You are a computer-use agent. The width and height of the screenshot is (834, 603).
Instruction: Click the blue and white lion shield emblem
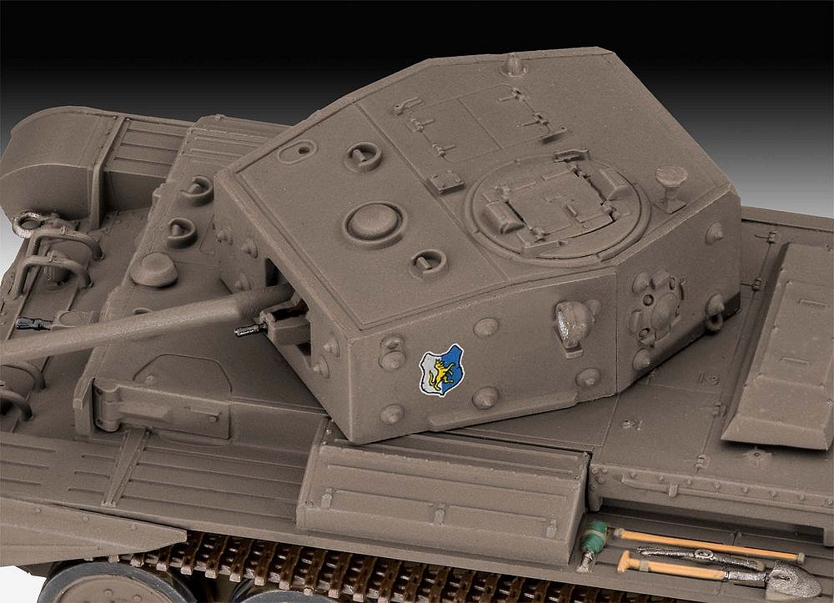441,370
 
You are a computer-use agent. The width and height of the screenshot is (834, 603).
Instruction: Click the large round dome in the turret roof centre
373,223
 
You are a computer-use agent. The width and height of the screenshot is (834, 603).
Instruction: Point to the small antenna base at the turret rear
514,64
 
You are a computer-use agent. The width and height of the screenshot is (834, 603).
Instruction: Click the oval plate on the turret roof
297,151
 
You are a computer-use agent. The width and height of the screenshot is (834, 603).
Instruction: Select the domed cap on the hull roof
154,269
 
